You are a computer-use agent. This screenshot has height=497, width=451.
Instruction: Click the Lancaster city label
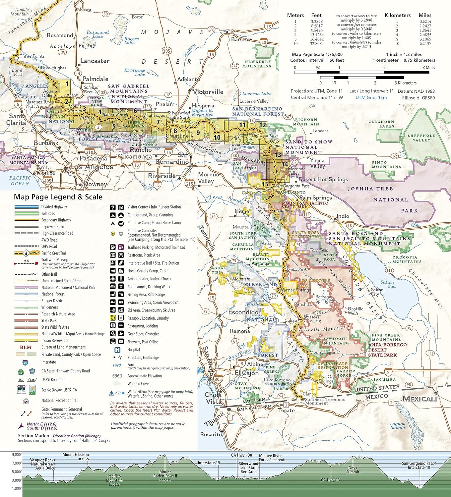click(95, 61)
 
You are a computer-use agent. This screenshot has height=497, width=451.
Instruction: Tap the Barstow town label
click(242, 39)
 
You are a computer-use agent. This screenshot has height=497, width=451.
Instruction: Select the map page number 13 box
click(278, 155)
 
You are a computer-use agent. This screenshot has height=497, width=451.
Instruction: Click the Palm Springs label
click(316, 198)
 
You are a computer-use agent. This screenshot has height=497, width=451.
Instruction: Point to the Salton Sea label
click(387, 284)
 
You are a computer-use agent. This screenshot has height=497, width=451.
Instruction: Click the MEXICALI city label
click(419, 399)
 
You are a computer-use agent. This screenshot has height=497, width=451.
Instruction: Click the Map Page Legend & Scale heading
click(58, 197)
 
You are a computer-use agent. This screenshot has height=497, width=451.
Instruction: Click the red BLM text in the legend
click(26, 347)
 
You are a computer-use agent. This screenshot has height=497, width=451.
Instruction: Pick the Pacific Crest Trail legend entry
click(54, 253)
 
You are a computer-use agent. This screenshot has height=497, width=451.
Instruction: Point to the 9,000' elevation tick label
click(17, 455)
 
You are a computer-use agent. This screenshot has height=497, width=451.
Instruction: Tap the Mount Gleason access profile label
click(76, 457)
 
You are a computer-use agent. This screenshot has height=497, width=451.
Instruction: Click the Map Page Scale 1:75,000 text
click(317, 54)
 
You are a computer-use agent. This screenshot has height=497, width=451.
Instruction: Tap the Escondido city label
click(243, 312)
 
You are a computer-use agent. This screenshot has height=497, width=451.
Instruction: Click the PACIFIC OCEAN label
click(20, 181)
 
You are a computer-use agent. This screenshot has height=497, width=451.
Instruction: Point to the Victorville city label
click(208, 92)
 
